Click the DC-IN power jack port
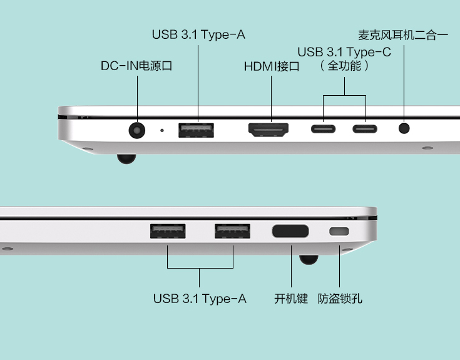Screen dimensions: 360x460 pyautogui.click(x=137, y=130)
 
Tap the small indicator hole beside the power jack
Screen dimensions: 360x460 pyautogui.click(x=163, y=130)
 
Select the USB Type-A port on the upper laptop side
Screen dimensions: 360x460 pyautogui.click(x=196, y=130)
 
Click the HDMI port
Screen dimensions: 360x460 pyautogui.click(x=270, y=130)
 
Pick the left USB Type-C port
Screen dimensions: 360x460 pyautogui.click(x=324, y=130)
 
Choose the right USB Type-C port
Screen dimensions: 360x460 pyautogui.click(x=365, y=130)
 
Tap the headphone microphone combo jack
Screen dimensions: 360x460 pyautogui.click(x=405, y=129)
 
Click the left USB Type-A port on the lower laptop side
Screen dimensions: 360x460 pyautogui.click(x=167, y=231)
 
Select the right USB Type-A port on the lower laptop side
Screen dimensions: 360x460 pyautogui.click(x=232, y=231)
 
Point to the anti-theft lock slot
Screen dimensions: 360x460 pyautogui.click(x=339, y=231)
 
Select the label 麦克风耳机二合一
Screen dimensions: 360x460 pyautogui.click(x=404, y=35)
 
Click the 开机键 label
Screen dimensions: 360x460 pyautogui.click(x=291, y=299)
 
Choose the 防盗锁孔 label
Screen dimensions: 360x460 pyautogui.click(x=340, y=299)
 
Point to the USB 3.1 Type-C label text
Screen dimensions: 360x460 pyautogui.click(x=344, y=52)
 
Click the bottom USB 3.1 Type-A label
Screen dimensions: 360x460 pyautogui.click(x=200, y=299)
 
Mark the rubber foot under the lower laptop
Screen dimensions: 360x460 pyautogui.click(x=308, y=259)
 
